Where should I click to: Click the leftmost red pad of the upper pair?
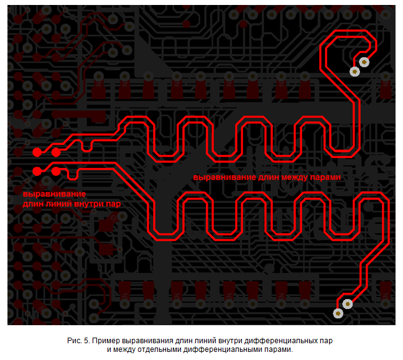[x=37, y=152]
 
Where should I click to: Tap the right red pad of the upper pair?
[x=56, y=152]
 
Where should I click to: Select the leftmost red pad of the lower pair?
[x=37, y=170]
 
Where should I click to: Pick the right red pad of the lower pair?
[x=56, y=170]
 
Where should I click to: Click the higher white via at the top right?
[x=364, y=62]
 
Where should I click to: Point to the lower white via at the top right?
[x=354, y=71]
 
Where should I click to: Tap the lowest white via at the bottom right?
[x=338, y=313]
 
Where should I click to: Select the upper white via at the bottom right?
[x=348, y=303]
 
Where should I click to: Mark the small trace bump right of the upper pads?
[x=86, y=144]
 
